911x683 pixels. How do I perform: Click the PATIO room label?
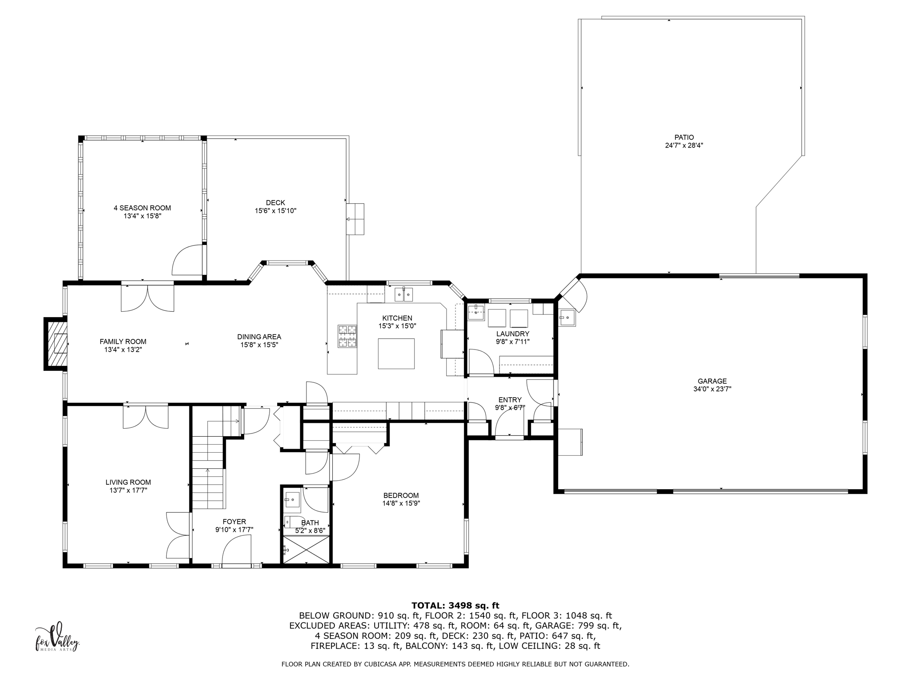[x=684, y=137]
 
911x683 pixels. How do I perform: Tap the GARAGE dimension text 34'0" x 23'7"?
[x=712, y=389]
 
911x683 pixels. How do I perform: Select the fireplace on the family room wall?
[x=56, y=344]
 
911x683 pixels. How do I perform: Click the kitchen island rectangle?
[x=396, y=354]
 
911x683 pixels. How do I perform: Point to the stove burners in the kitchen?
[x=347, y=336]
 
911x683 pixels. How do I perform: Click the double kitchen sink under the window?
[x=404, y=294]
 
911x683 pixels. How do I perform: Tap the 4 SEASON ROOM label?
[x=142, y=208]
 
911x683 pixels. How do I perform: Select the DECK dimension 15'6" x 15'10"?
[x=275, y=211]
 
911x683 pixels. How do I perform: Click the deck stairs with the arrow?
[x=355, y=219]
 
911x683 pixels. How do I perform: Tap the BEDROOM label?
[x=401, y=495]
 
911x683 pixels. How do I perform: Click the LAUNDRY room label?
[x=512, y=334]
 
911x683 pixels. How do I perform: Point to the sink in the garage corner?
[x=566, y=317]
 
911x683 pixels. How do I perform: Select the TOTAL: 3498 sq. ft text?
[x=455, y=606]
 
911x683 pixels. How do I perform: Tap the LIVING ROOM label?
[x=128, y=482]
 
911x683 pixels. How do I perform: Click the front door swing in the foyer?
[x=237, y=550]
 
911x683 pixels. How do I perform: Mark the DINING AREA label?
[x=259, y=337]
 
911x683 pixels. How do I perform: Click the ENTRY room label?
[x=510, y=400]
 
